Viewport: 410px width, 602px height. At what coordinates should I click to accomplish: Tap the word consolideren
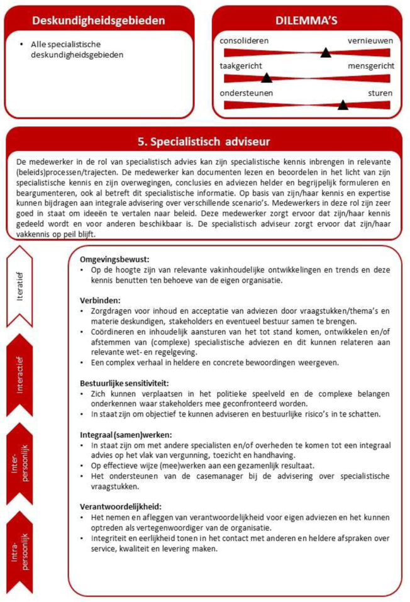coord(244,40)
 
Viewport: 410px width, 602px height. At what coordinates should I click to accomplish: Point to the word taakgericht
coord(241,66)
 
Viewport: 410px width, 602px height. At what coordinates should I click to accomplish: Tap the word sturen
coord(380,92)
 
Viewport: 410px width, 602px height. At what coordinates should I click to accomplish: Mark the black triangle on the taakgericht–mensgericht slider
coord(267,78)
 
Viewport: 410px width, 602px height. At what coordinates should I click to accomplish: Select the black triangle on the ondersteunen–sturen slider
coord(343,104)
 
